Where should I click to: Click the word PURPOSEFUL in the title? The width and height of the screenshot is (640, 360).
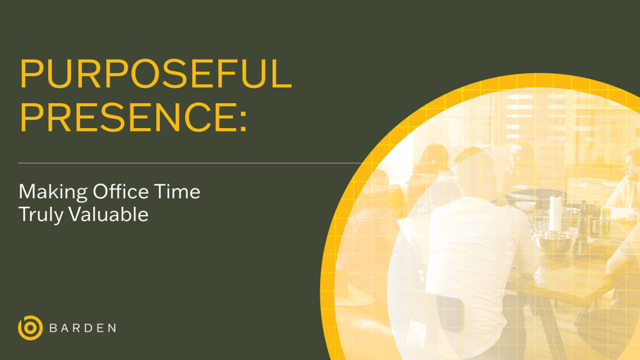click(156, 74)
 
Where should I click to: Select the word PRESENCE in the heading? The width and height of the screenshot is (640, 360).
click(125, 115)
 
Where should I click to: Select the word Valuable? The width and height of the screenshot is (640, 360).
click(109, 214)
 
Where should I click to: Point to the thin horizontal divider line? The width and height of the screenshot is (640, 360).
click(187, 163)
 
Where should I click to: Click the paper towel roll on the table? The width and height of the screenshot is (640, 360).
click(555, 212)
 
